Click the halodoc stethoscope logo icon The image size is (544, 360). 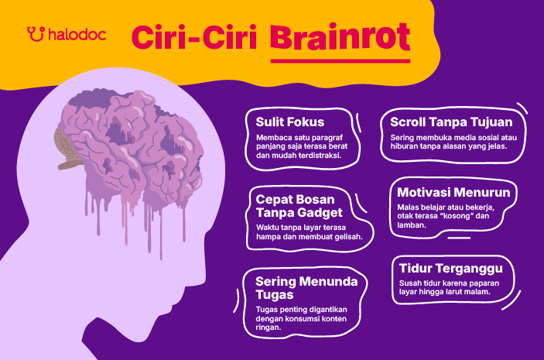coord(35,34)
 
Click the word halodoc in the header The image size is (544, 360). coord(77,35)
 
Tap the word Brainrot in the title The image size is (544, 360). coord(340,37)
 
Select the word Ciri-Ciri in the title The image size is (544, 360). coord(196,37)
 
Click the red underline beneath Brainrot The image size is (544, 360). coord(340,60)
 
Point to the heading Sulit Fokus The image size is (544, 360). coord(290,122)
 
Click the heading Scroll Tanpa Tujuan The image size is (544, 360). coord(446,122)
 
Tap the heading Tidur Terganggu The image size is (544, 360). coord(451,268)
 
